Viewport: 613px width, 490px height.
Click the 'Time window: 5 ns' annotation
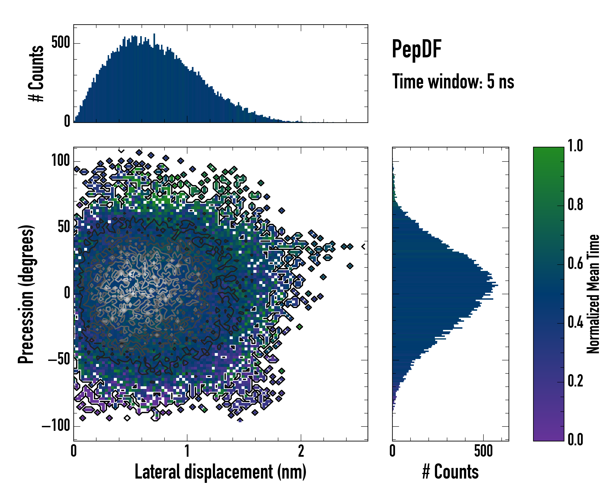pos(453,81)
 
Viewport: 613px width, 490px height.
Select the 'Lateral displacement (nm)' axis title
pos(220,472)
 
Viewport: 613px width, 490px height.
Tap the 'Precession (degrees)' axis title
pos(26,294)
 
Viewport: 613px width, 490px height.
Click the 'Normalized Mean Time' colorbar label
pos(593,294)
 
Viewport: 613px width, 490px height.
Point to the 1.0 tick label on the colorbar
pos(575,146)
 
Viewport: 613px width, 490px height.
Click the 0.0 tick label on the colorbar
pos(575,439)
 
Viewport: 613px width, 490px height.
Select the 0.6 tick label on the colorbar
pos(575,263)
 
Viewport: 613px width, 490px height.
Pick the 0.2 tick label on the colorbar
pos(575,381)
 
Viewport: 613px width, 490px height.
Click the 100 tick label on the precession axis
pos(60,160)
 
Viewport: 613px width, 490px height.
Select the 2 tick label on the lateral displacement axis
pos(301,451)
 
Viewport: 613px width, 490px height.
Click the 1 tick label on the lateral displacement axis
pos(187,451)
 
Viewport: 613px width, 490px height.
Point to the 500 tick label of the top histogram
pos(60,43)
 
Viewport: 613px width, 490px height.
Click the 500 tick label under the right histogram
pos(483,451)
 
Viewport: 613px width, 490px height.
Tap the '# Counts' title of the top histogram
pos(36,73)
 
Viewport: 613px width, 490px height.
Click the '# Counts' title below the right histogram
pos(450,472)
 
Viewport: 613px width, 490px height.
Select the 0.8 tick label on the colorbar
pos(575,205)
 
